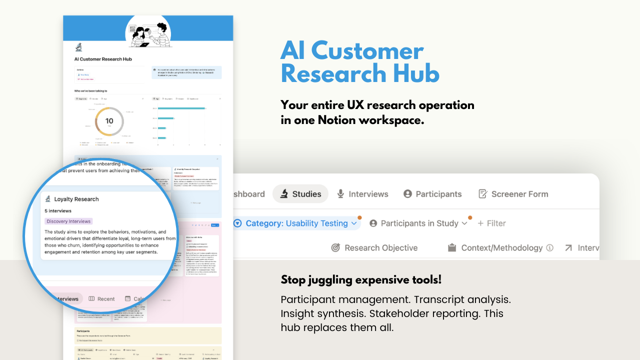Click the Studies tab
point(300,194)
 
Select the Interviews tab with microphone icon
point(362,194)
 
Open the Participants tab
point(432,194)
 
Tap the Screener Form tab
point(513,194)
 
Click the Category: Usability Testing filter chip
point(296,223)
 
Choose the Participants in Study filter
point(418,223)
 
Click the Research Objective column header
point(374,247)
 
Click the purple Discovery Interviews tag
point(68,221)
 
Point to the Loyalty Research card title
point(76,199)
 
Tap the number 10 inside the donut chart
point(109,121)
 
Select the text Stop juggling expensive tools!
point(361,279)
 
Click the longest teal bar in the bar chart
point(181,108)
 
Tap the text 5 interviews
point(58,211)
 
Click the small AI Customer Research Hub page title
point(103,59)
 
